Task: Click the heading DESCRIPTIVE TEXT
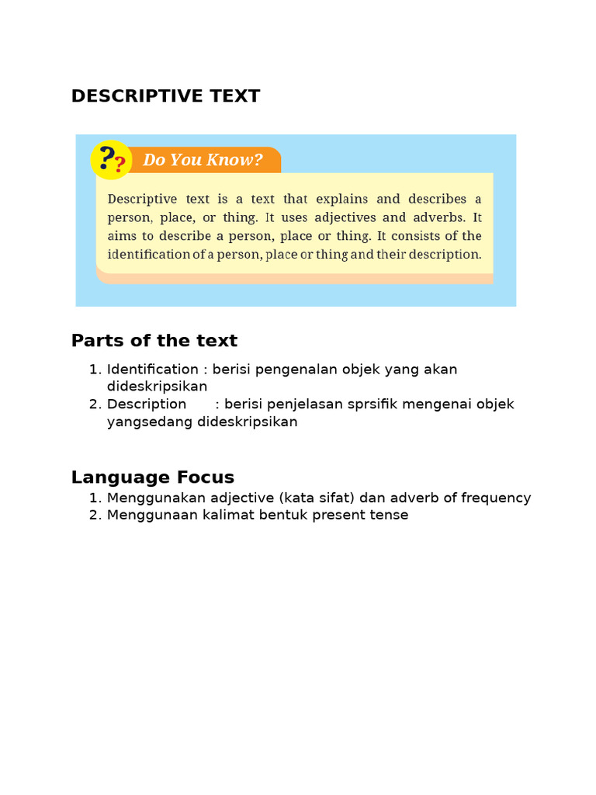165,96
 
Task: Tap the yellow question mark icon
110,160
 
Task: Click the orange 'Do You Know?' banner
203,160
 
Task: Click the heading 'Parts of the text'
154,341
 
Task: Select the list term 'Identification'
152,370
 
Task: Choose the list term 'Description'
147,404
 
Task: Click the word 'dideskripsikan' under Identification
157,387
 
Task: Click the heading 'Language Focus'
152,477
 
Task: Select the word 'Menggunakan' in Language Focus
153,498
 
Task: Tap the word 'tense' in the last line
390,516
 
